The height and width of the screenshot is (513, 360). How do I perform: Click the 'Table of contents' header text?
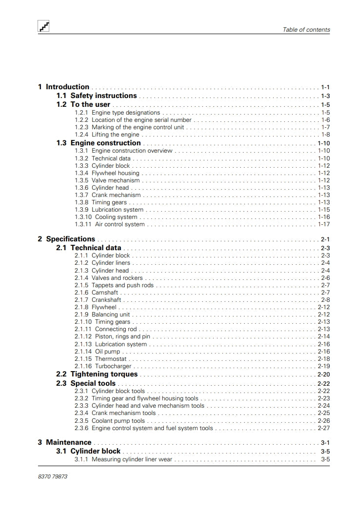(306, 30)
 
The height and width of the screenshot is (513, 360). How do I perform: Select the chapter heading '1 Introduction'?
(64, 87)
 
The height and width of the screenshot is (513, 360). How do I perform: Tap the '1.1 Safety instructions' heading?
(97, 96)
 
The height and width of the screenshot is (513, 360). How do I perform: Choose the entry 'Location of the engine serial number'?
(141, 120)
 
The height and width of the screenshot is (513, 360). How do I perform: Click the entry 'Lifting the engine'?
(115, 135)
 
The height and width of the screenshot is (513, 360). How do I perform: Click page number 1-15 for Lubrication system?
(324, 210)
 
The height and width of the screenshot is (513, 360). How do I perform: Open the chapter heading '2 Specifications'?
(67, 239)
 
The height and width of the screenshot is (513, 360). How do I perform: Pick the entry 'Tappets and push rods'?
(122, 285)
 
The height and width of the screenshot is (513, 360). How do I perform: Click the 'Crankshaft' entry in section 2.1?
(106, 300)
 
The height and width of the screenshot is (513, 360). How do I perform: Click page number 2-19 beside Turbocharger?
(324, 366)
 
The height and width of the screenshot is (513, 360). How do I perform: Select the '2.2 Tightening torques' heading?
(97, 375)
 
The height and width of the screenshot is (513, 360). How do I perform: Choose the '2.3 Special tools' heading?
(86, 383)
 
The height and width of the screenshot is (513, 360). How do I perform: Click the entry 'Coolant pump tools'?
(118, 421)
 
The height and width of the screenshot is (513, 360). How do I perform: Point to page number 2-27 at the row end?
(324, 428)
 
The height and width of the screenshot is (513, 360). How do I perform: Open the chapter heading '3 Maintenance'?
(65, 443)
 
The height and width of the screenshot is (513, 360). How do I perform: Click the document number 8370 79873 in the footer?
(52, 476)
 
